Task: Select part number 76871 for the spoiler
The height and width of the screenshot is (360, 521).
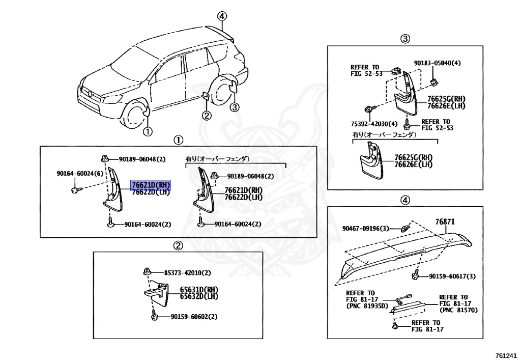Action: [x=445, y=222]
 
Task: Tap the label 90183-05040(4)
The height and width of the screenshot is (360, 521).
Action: [x=437, y=63]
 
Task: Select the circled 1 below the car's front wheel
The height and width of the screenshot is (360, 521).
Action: [x=147, y=132]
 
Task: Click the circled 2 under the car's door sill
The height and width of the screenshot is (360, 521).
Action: [x=206, y=116]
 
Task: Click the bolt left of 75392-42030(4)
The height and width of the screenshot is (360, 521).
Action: [x=368, y=108]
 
